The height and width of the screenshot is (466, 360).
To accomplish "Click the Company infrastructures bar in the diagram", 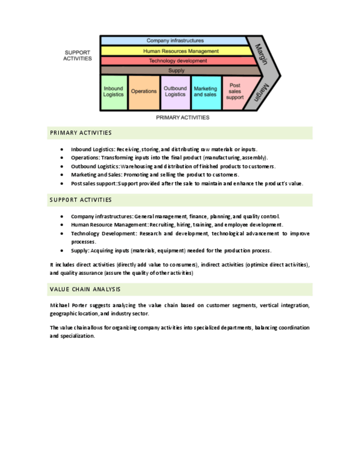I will [x=175, y=41].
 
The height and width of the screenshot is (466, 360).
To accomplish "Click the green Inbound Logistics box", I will [x=114, y=92].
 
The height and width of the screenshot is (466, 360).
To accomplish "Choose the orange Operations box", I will [x=143, y=92].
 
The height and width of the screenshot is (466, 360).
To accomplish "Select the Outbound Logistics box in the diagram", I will [x=175, y=92].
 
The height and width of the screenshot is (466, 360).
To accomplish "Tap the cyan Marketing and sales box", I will [x=205, y=92].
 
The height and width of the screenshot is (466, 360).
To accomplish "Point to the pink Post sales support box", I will [x=235, y=92].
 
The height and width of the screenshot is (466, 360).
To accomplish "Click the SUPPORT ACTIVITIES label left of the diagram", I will [x=77, y=56].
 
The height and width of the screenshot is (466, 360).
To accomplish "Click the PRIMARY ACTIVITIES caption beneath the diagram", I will [x=182, y=118].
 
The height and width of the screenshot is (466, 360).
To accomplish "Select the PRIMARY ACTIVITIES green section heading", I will [x=81, y=133].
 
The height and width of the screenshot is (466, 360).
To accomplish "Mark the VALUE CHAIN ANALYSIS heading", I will [x=85, y=290].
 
